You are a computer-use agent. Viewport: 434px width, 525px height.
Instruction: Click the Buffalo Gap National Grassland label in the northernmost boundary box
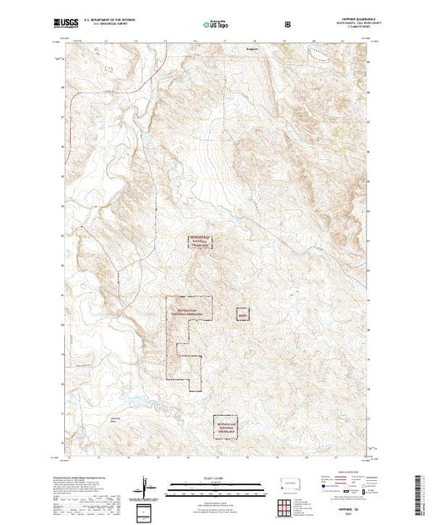point(200,241)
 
